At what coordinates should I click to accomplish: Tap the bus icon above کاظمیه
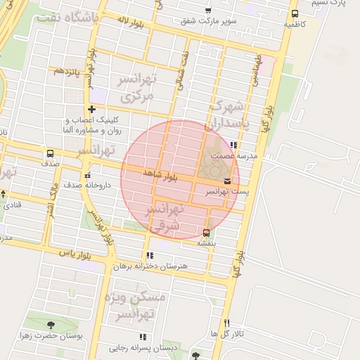pyautogui.click(x=294, y=13)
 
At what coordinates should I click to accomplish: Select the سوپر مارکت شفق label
pyautogui.click(x=208, y=21)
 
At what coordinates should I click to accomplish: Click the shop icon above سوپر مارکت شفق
pyautogui.click(x=207, y=10)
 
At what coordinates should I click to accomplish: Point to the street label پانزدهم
pyautogui.click(x=64, y=71)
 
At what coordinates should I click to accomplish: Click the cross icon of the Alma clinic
pyautogui.click(x=92, y=109)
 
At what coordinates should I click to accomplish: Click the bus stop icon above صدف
pyautogui.click(x=49, y=153)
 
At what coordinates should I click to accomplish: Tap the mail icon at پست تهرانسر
pyautogui.click(x=226, y=181)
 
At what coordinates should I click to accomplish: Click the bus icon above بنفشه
pyautogui.click(x=205, y=233)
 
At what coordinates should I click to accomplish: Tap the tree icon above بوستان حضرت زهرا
pyautogui.click(x=50, y=325)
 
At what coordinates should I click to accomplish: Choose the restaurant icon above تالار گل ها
pyautogui.click(x=226, y=323)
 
